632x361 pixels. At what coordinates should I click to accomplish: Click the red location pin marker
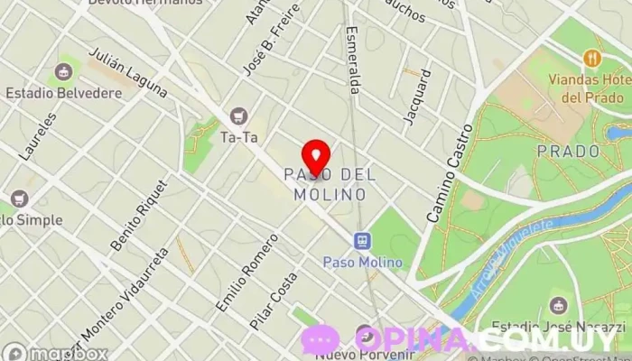(x=315, y=155)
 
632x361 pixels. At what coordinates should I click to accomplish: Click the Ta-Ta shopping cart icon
(x=238, y=116)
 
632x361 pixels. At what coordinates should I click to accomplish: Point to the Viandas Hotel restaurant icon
(x=592, y=59)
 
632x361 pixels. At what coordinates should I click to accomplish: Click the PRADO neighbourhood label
(x=568, y=150)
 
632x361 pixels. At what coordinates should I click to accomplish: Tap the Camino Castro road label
(x=451, y=174)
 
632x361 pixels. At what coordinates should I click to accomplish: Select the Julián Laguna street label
(x=127, y=73)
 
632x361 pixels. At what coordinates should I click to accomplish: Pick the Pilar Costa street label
(x=274, y=299)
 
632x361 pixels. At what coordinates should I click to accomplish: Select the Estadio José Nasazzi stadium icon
(x=559, y=303)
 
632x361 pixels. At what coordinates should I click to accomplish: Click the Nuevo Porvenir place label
(x=354, y=354)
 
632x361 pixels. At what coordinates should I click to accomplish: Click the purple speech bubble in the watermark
(x=321, y=339)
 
